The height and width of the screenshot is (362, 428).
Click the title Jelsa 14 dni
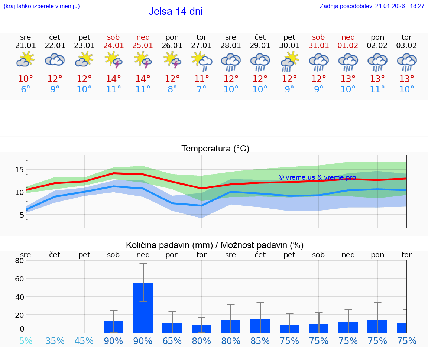pos(175,12)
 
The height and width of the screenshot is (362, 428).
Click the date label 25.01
pos(143,45)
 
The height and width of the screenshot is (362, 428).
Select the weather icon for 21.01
pos(25,59)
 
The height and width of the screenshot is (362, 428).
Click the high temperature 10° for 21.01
pos(25,79)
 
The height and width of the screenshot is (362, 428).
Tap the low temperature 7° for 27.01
pos(201,89)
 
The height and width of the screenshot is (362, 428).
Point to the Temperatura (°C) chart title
pos(215,149)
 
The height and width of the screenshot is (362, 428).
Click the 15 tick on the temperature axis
pos(19,170)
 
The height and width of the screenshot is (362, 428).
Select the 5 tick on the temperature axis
pos(22,215)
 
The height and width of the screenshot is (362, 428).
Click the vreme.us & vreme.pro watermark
pos(317,177)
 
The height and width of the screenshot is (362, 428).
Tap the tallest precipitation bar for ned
pos(143,307)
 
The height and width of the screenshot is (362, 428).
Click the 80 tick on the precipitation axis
pos(19,261)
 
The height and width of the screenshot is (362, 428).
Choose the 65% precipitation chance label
pos(172,341)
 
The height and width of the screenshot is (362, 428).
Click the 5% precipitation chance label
pos(26,341)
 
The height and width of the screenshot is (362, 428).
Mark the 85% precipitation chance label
pos(260,341)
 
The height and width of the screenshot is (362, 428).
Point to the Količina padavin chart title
pos(215,245)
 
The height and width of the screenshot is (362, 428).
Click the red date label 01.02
pos(348,45)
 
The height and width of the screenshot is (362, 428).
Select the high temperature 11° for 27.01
pos(201,79)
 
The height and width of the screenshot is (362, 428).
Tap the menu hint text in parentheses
pos(41,6)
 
